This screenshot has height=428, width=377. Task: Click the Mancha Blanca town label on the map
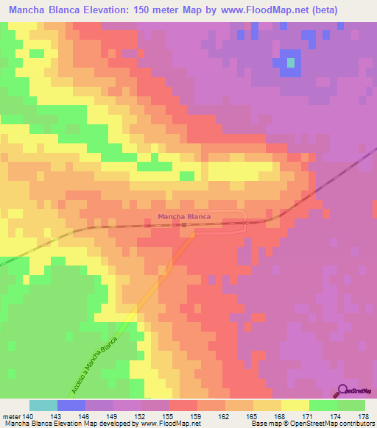point(184,217)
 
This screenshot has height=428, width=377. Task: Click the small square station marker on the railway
point(184,226)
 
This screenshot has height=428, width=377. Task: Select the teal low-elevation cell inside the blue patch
point(291,63)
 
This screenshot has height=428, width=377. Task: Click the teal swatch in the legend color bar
point(43,405)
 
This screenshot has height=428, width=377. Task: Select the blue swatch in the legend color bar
point(71,405)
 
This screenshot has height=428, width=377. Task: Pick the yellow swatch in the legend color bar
point(295,405)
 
